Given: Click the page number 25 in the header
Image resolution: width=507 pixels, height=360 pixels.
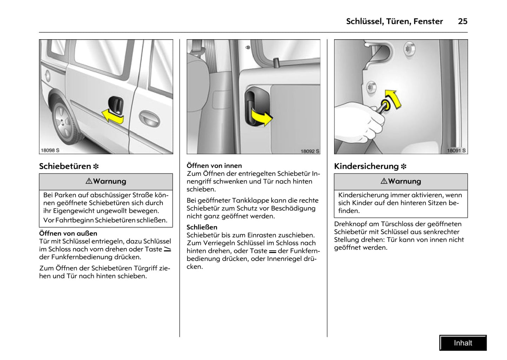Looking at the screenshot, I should pos(462,21).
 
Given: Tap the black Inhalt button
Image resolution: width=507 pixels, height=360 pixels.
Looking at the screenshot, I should pos(463,343).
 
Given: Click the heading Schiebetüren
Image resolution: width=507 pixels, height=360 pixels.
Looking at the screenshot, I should pos(65,166).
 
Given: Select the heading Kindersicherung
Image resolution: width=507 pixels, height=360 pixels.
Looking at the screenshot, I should pos(366,166).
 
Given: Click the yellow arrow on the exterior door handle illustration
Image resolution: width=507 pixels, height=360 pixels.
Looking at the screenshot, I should pos(113,116).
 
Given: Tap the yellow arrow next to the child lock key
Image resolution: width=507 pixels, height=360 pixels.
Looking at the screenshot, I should pos(393,98).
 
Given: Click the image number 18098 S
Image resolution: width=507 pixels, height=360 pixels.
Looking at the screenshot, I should pos(50,150).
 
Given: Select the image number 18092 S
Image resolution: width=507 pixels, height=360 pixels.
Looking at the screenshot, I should pos(310,151).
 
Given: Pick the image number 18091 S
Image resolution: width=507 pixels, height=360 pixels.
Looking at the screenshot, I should pos(456,151).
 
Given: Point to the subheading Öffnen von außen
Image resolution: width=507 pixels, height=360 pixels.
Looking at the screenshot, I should pos(68,233).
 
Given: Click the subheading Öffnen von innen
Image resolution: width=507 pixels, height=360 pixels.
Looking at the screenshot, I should pos(214,166).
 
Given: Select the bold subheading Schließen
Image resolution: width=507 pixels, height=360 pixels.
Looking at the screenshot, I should pos(202,227).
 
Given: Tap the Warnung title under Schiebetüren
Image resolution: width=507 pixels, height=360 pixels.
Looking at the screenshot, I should pos(106,181).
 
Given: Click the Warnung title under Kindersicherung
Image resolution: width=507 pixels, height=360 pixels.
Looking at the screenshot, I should pos(401,181).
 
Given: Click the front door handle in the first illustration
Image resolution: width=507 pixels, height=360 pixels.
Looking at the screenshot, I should pos(150,118).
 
